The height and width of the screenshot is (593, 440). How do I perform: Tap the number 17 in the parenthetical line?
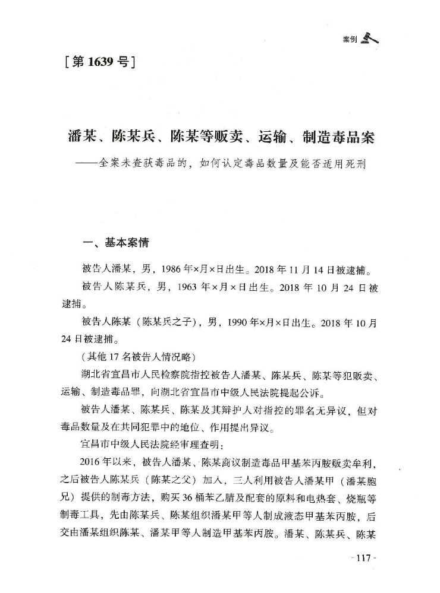[x=115, y=359]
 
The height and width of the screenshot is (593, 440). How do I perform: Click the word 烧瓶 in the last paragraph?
[x=351, y=479]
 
